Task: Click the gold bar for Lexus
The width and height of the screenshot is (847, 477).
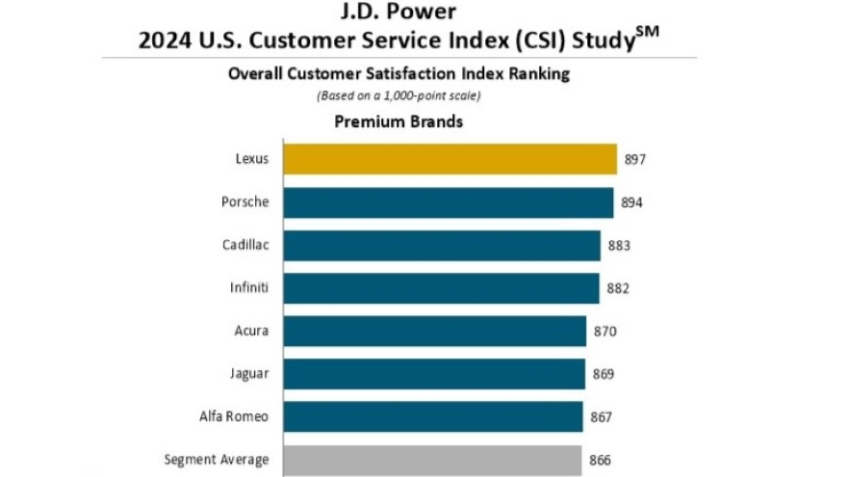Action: coord(449,159)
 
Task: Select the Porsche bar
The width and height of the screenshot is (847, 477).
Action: coord(448,202)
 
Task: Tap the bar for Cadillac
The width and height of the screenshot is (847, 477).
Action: coord(442,246)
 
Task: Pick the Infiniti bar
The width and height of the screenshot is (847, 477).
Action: coord(441,288)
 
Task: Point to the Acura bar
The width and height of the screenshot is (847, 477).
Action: coord(435,331)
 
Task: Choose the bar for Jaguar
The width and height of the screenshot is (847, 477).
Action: coord(434,374)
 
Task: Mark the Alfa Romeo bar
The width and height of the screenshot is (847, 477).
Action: coord(433,417)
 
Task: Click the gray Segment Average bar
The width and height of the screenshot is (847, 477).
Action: coord(432,461)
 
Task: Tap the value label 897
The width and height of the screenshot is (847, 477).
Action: coord(634,159)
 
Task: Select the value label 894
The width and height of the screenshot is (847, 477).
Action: coord(631,202)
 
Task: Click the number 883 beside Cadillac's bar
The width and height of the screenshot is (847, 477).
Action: coord(619,246)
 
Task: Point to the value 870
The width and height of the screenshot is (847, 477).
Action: coord(604,331)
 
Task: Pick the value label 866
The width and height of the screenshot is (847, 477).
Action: coord(600,461)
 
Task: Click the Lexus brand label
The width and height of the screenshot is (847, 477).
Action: coord(253,159)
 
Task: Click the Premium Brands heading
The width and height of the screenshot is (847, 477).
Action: coord(398,122)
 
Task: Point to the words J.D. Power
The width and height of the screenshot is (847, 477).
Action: coord(398,14)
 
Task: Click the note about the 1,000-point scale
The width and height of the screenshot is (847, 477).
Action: coord(398,95)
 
